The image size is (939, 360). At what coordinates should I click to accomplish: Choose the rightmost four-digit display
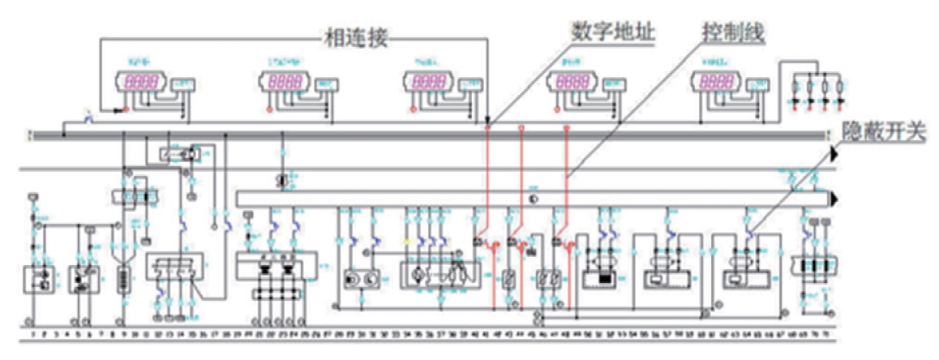coord(717,82)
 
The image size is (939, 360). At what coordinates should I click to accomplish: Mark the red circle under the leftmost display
coord(126,109)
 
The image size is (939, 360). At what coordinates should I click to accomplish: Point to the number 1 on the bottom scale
coord(32,333)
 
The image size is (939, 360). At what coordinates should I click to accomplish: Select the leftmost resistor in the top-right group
coord(796,88)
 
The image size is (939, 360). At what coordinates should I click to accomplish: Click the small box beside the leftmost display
coord(185,84)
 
